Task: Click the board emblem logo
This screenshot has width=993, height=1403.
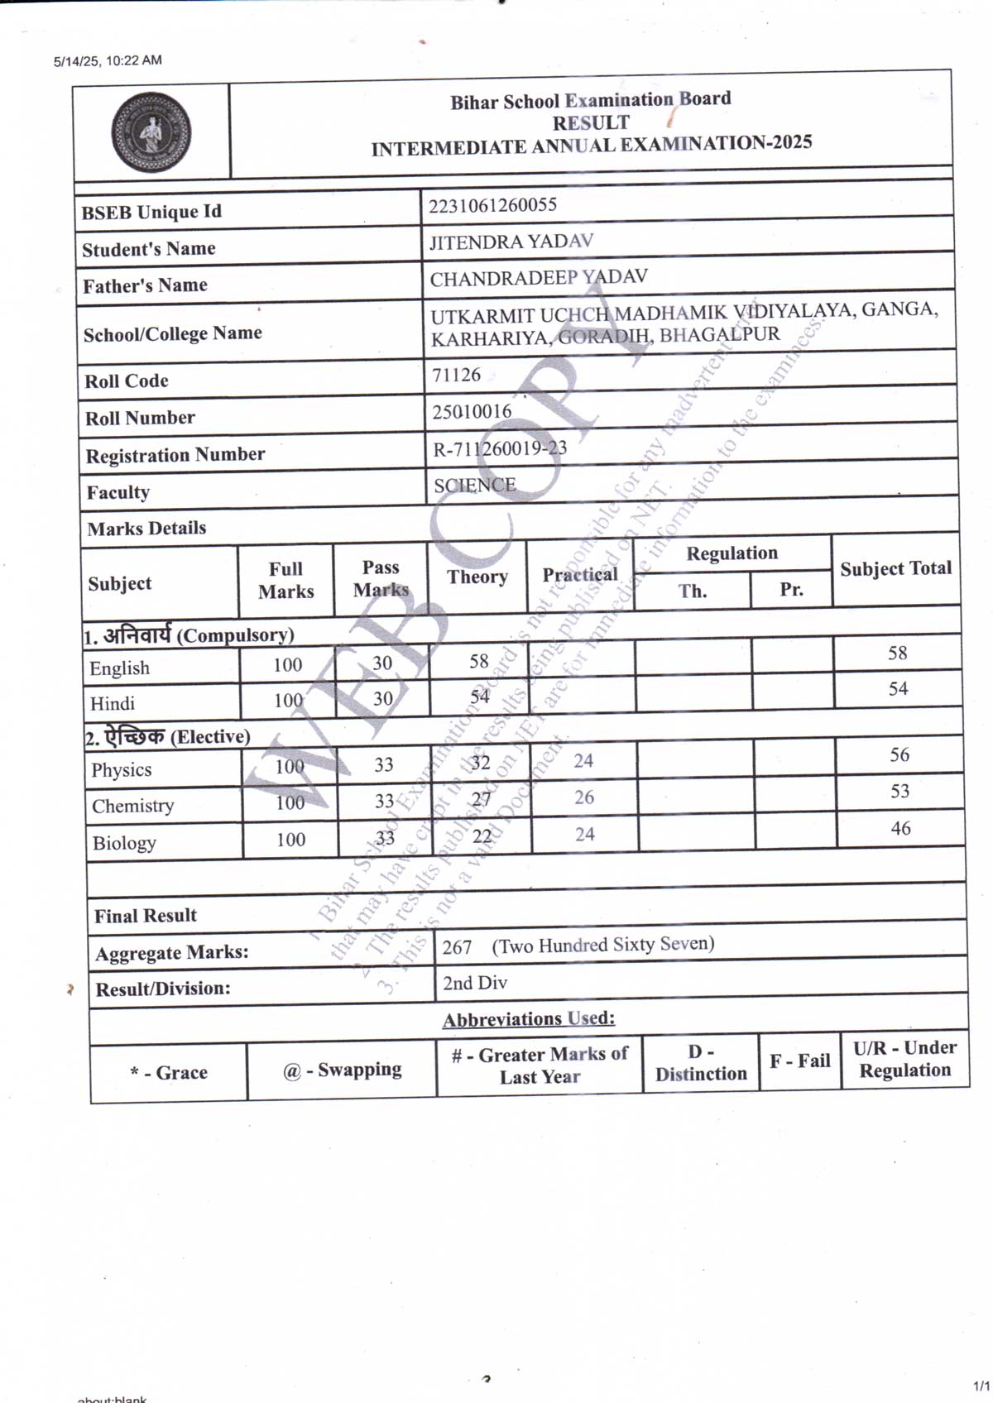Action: tap(151, 132)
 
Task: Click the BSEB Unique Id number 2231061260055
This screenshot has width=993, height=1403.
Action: tap(492, 205)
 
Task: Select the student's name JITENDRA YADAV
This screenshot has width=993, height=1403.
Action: tap(511, 242)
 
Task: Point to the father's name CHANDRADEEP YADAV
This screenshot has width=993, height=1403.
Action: tap(538, 278)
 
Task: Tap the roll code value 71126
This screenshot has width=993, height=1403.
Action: tap(456, 375)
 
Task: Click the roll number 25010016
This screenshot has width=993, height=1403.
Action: tap(472, 411)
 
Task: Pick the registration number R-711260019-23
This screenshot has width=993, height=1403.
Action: tap(500, 448)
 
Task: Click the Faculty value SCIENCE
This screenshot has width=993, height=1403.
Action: tap(475, 485)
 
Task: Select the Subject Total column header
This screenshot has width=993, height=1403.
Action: tap(895, 568)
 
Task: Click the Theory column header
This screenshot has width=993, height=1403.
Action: tap(477, 577)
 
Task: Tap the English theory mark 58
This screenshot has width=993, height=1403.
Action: tap(479, 661)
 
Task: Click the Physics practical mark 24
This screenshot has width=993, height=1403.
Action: tap(583, 760)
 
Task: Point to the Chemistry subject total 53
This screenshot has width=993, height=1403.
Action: tap(899, 792)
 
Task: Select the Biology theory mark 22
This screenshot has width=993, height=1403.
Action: tap(482, 836)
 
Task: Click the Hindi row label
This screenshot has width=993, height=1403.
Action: tap(113, 703)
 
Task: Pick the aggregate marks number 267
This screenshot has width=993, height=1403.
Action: tap(457, 947)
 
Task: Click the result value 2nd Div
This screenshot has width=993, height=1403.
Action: tap(475, 983)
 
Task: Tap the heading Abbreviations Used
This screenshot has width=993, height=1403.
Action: tap(529, 1019)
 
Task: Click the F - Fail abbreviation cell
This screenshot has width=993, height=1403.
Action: tap(799, 1061)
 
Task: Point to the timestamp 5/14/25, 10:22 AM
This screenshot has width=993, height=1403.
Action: tap(108, 60)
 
